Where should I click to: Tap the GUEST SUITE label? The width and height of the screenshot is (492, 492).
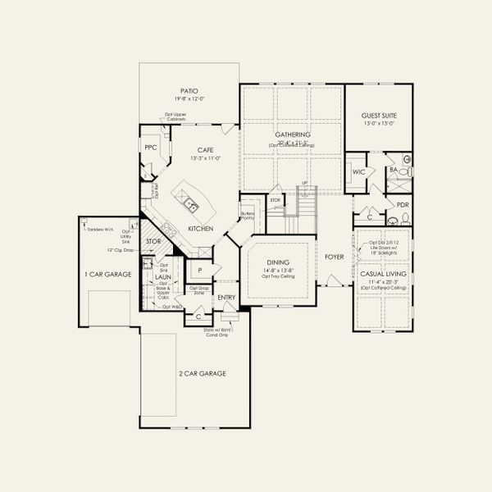coord(378,116)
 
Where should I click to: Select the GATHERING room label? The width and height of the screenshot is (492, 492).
coord(292,134)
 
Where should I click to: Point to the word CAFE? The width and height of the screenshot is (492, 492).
coord(204,149)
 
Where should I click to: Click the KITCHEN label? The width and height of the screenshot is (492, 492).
coord(201,228)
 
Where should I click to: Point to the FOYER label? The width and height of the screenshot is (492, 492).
coord(334,256)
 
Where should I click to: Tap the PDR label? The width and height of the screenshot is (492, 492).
coord(403,205)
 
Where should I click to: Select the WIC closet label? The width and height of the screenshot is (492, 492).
coord(358,173)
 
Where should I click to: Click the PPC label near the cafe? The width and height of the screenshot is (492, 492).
coord(150,148)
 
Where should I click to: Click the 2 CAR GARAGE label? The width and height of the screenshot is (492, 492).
coord(204,373)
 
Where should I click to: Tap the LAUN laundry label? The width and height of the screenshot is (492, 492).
coord(162,277)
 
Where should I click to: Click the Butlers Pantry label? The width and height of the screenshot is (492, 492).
coord(247,216)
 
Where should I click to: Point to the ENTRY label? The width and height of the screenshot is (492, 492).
coord(226,297)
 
